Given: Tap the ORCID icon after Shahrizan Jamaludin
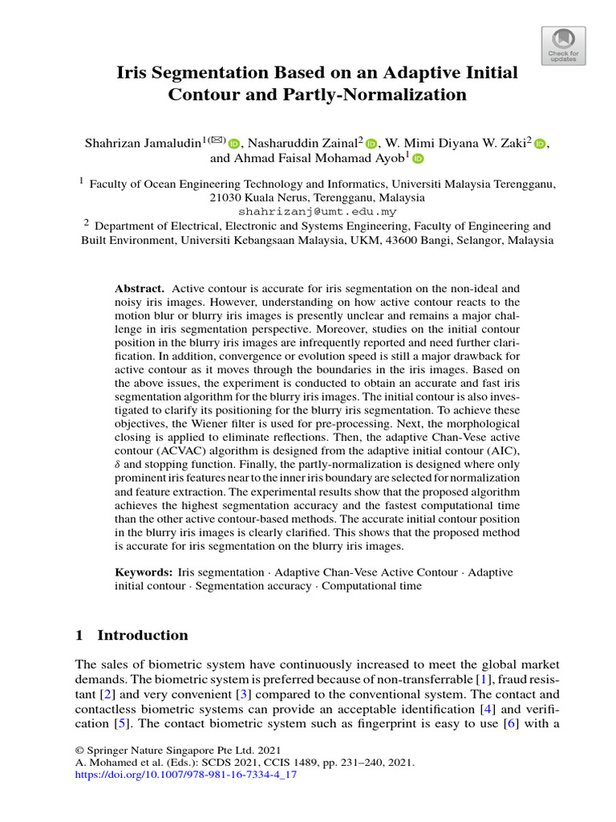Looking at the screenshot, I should coord(234,144).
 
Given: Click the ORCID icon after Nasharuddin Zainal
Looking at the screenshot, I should coord(371,144).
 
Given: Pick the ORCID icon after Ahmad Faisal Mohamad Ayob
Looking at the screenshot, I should coord(417,159).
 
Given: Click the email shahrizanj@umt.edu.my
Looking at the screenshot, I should coord(318,212).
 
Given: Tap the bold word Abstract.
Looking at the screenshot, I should coord(140,287).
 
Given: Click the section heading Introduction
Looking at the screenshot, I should coord(142,635).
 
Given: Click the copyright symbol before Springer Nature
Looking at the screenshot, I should coord(79,750).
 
